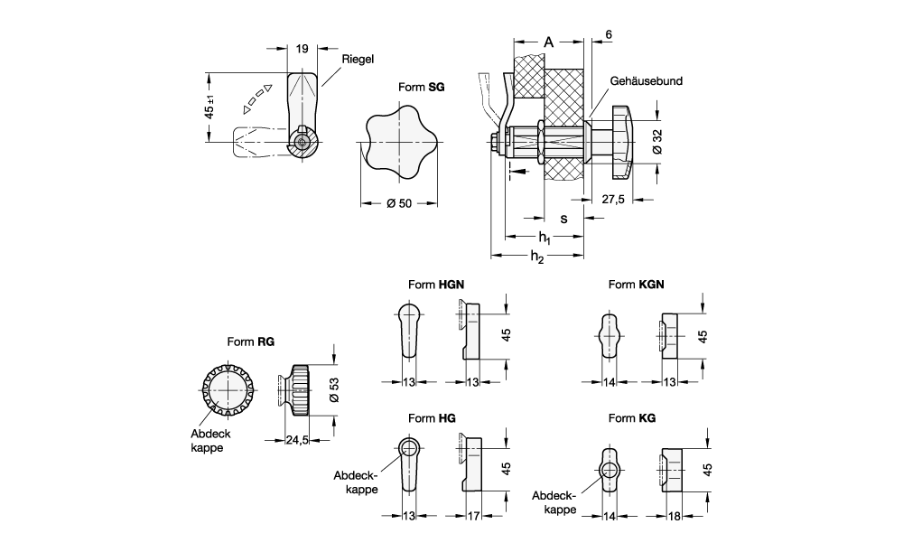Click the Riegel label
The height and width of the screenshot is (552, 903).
coord(357,59)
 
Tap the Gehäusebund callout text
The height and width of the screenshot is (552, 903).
coord(646,80)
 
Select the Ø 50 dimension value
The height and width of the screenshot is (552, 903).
coord(398,203)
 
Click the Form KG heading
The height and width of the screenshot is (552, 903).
coord(632,418)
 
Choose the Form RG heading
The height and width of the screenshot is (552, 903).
coord(251,342)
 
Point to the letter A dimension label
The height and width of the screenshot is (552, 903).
coord(549,42)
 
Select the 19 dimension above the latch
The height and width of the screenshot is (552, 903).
coord(302,50)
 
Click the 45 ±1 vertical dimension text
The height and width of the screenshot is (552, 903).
coord(209,108)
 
